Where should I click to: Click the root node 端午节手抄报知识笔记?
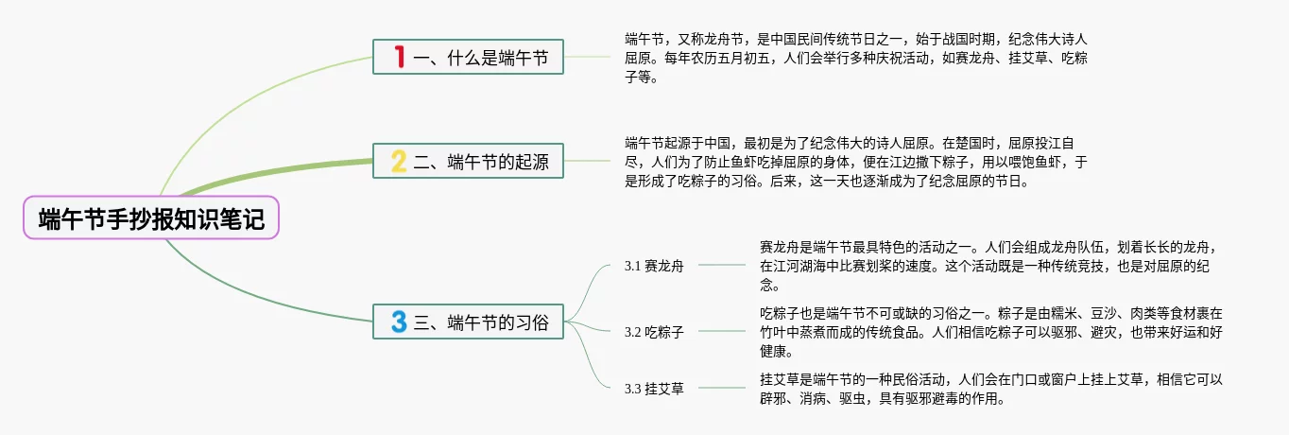(x=151, y=218)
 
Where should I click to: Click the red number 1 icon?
(x=400, y=58)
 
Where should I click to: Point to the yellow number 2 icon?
(x=400, y=161)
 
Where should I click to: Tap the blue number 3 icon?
(x=400, y=321)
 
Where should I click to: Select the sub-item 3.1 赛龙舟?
(x=654, y=266)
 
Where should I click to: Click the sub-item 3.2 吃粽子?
(x=654, y=332)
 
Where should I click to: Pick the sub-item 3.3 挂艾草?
(x=654, y=388)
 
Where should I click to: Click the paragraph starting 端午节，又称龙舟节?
(x=855, y=59)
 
